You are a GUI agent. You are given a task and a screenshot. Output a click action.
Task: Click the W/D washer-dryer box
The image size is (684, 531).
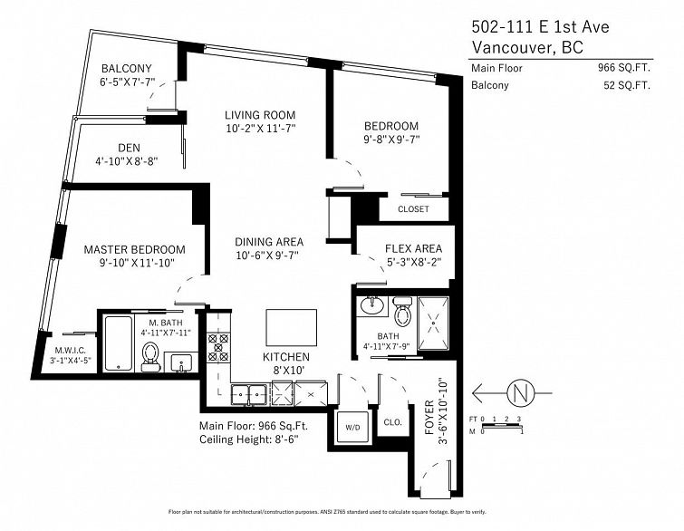pos(353,427)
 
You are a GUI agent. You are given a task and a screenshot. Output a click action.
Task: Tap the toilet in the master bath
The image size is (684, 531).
pos(151,356)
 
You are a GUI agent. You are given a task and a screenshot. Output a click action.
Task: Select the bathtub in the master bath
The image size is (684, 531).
pos(119,343)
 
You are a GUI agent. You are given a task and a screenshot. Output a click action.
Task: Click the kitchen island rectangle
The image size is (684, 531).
pos(292,327)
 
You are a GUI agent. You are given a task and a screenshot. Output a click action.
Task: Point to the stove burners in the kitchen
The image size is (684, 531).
pos(218,347)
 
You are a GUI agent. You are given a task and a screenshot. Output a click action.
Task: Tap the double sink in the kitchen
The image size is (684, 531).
pos(250,396)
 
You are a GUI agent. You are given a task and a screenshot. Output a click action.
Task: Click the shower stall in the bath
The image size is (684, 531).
pos(433,323)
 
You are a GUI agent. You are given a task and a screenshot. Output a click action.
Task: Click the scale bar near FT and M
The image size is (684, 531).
pos(502,426)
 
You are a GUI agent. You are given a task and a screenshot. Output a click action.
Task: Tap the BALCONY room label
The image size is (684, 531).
pos(127,69)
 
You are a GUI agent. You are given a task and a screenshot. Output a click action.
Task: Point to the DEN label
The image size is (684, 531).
pos(130,148)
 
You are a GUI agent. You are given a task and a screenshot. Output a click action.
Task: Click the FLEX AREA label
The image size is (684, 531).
pos(413,248)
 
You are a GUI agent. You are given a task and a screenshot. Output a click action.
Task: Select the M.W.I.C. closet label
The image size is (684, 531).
pos(70,351)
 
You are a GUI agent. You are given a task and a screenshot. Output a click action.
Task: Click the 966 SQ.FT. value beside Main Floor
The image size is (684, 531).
pos(624,68)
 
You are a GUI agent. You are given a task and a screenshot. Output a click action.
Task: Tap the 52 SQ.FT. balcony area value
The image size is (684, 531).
pos(627,85)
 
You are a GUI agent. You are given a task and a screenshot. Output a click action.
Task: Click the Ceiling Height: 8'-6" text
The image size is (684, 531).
pos(248,439)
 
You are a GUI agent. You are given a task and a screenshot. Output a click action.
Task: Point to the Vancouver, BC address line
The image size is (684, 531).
pos(527,47)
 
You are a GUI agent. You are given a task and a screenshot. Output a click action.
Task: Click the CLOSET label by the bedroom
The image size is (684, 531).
pos(413,209)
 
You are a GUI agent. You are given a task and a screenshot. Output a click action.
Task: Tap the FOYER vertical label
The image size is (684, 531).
pos(429,418)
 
